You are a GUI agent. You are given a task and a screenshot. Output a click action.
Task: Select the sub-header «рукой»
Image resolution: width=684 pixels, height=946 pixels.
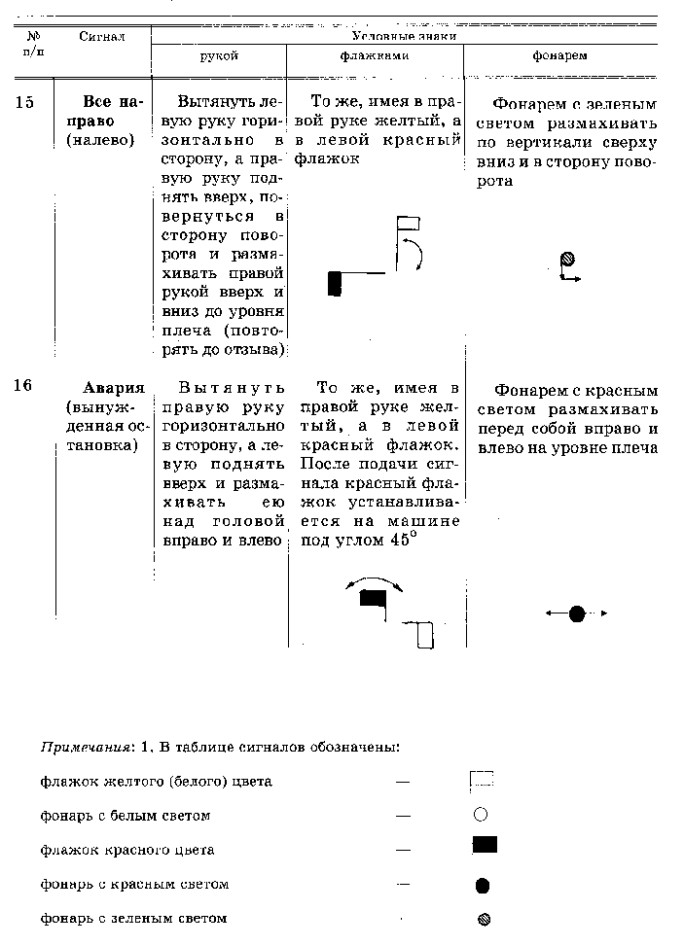click(x=219, y=56)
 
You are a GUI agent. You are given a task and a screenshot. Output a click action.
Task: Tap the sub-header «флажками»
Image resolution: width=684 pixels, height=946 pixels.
click(x=375, y=56)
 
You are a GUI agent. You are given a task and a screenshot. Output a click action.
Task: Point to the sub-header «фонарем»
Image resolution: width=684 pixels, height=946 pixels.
click(x=559, y=56)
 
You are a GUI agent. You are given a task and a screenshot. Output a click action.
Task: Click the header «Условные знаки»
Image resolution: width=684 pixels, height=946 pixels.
click(x=403, y=36)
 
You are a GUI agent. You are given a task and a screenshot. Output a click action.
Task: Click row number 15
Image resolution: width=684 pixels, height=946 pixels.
click(x=25, y=102)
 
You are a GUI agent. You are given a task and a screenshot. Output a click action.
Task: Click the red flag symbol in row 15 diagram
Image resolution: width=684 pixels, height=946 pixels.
click(x=335, y=283)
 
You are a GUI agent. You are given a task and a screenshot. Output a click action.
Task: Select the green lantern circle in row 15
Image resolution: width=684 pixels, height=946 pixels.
click(x=567, y=258)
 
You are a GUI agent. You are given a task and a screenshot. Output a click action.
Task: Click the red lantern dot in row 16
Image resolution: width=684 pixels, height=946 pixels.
click(x=577, y=613)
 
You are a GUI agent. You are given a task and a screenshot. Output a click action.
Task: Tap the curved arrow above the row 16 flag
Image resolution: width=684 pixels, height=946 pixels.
click(x=375, y=581)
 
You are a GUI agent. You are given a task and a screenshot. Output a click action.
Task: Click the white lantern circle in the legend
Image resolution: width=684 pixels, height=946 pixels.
click(x=480, y=815)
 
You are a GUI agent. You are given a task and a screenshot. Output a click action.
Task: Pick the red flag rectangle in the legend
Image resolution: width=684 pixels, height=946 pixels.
click(x=485, y=844)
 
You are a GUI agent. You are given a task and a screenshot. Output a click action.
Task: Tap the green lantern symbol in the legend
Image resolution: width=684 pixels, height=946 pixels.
click(x=484, y=918)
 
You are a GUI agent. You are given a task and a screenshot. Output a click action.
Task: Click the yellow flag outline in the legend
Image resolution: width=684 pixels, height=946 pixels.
click(x=482, y=778)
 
